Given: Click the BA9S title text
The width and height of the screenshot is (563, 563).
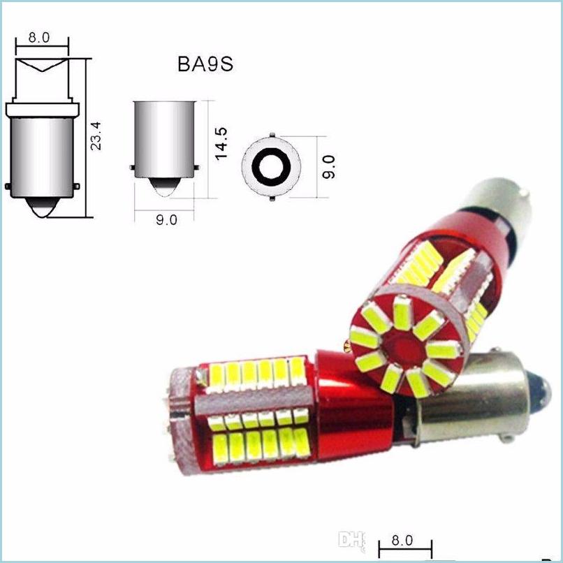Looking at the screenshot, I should coord(204,64).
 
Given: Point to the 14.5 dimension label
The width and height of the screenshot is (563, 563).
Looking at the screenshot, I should coord(222,143).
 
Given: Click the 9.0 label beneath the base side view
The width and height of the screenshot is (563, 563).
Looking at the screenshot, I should coord(166,220).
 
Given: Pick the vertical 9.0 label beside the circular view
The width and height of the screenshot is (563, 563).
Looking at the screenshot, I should coord(330,168).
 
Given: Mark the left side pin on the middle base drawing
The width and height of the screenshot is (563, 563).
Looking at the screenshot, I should coord(132,168).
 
